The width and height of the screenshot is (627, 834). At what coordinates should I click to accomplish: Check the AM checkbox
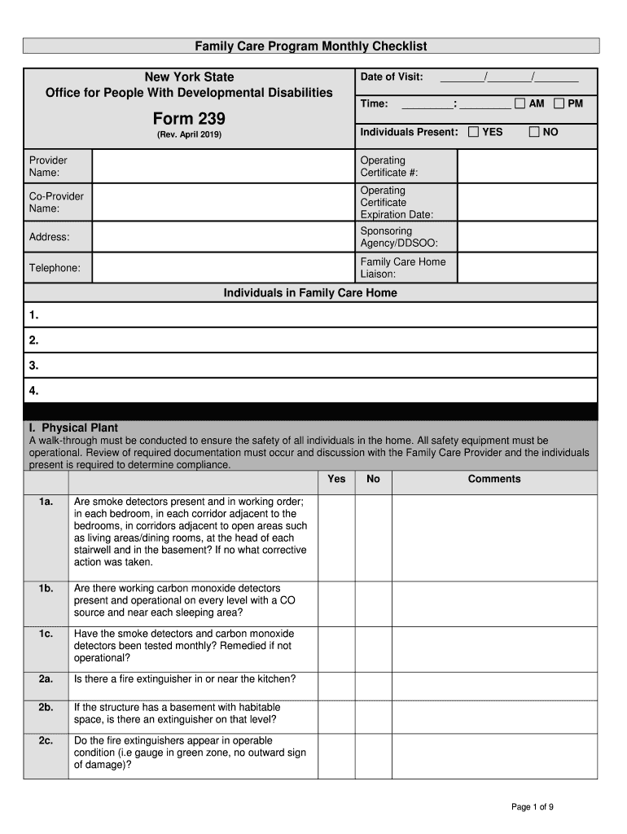pos(520,103)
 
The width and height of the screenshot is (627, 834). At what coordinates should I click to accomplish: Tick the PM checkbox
pos(559,103)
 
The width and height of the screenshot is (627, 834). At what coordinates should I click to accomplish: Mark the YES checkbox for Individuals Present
pos(473,131)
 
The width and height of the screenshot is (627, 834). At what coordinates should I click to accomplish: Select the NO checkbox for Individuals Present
pos(534,131)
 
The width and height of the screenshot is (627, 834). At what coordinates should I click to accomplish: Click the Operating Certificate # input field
pos(527,166)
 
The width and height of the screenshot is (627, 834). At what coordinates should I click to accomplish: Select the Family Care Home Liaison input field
pos(527,268)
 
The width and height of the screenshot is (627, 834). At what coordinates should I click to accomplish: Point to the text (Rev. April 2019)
pos(189,134)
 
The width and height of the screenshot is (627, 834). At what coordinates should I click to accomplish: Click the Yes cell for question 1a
pos(336,537)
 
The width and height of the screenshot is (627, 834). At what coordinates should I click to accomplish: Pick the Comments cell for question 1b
pos(494,601)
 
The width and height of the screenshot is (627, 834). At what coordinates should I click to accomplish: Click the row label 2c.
pos(46,741)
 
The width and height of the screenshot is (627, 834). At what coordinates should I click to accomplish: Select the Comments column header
pos(494,479)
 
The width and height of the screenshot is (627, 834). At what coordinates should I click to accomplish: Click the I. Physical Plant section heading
pos(74,428)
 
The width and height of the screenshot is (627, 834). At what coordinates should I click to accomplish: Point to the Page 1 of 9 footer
pos(533,807)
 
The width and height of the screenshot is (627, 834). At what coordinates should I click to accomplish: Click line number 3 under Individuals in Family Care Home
pos(33,366)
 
